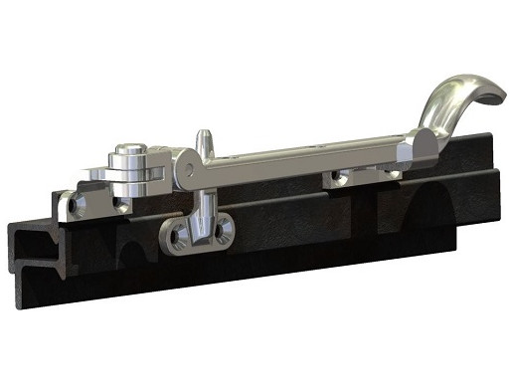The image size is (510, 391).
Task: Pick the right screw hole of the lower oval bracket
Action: [229, 231]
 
